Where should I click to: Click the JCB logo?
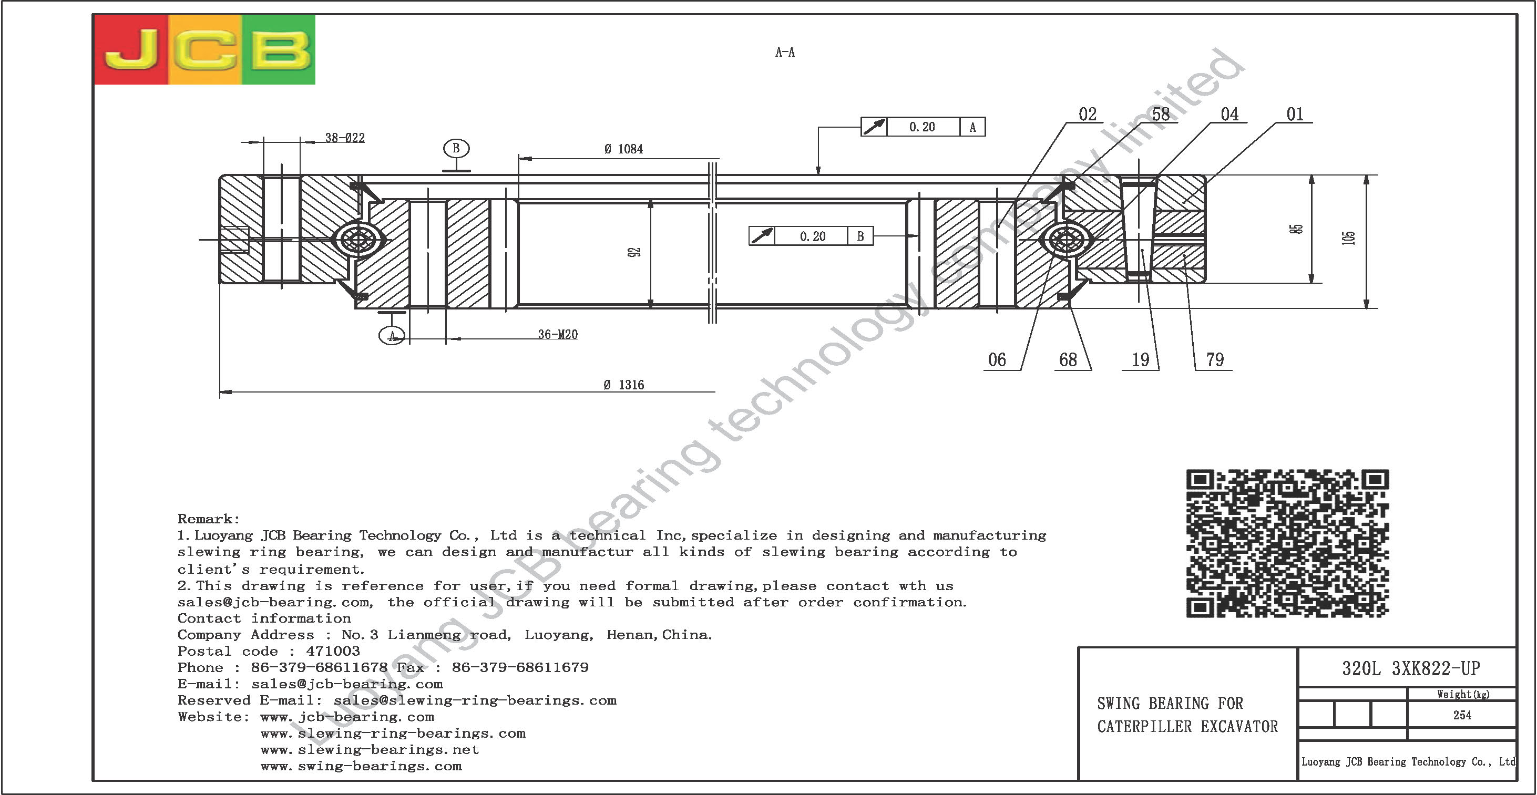point(204,49)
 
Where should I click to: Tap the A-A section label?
point(785,53)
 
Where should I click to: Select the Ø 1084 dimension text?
point(623,149)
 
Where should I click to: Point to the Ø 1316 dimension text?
point(623,385)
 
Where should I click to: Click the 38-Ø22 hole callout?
point(345,138)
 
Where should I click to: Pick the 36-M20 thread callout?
point(558,335)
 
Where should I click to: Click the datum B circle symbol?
point(456,149)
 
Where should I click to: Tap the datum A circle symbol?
point(392,336)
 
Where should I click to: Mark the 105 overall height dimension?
point(1348,238)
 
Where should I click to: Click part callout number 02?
point(1087,115)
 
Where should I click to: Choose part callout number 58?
point(1161,115)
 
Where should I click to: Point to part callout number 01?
point(1295,115)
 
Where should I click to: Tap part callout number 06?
point(997,359)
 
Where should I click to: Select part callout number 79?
point(1215,359)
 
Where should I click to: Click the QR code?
point(1287,543)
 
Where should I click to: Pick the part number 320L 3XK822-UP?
point(1411,668)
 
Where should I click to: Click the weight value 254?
point(1462,715)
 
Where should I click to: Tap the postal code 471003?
point(333,651)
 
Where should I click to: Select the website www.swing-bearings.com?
point(361,767)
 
